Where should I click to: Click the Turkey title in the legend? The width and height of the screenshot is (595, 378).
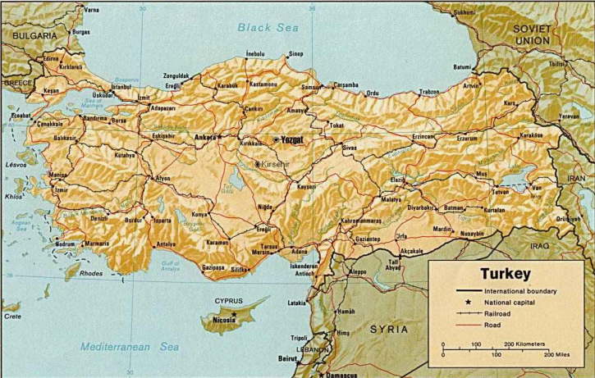click(506, 274)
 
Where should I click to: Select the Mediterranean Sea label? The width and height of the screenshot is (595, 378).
click(129, 346)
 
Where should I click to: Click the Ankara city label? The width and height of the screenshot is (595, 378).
click(204, 137)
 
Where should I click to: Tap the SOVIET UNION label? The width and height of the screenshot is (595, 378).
click(533, 34)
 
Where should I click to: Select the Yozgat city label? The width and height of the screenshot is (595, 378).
click(290, 139)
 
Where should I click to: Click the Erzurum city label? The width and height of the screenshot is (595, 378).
click(467, 139)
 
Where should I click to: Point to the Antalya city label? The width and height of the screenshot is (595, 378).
click(167, 244)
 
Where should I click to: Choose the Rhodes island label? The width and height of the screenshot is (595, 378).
click(91, 273)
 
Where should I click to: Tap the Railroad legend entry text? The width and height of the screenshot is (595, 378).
click(501, 313)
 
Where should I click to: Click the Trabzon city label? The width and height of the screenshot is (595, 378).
click(429, 92)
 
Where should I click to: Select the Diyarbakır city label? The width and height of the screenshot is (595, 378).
click(420, 207)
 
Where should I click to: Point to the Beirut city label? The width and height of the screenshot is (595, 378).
click(288, 358)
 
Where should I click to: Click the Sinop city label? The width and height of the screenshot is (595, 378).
click(295, 54)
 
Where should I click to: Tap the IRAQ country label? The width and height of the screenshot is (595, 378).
click(539, 245)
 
